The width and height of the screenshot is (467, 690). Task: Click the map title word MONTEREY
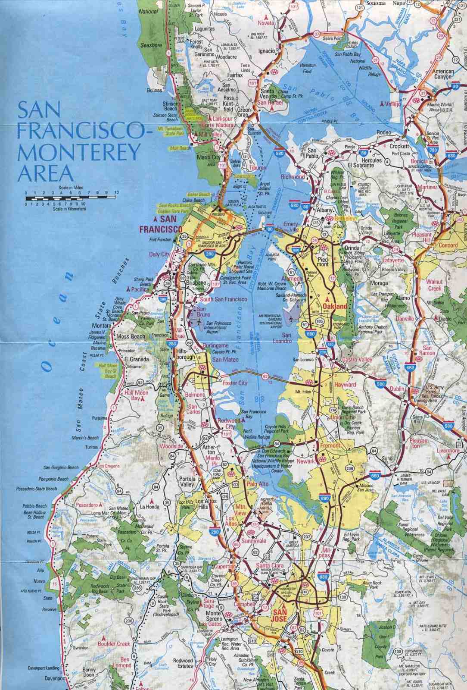[x=79, y=152]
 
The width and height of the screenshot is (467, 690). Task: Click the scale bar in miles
[x=71, y=198]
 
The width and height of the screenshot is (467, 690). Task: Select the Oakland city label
[x=335, y=306]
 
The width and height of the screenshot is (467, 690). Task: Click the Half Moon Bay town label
[x=136, y=396]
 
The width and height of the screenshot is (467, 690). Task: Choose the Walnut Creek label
[x=434, y=285]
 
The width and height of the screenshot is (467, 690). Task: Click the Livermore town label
[x=448, y=451]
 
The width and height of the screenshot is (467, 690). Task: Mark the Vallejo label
[x=392, y=104]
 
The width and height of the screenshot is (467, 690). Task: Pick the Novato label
[x=266, y=23]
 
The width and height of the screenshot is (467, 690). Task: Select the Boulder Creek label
[x=113, y=644]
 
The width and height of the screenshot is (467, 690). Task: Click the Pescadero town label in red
[x=87, y=504]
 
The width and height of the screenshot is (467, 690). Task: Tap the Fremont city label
[x=331, y=445]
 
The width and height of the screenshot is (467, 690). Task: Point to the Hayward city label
[x=345, y=384]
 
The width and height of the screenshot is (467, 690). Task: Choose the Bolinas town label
[x=154, y=91]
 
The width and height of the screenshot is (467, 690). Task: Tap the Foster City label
[x=235, y=383]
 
